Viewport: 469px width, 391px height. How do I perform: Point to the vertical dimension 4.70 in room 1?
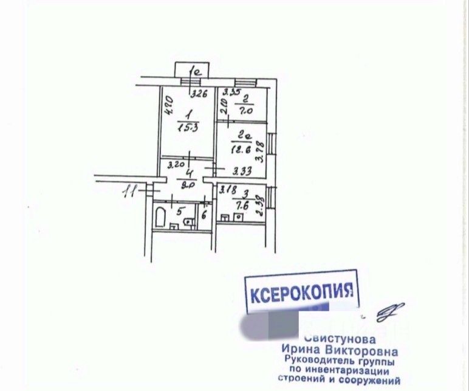coord(169,106)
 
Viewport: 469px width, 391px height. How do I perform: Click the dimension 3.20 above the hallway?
coord(176,164)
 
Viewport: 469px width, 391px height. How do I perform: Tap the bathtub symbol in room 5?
coord(162,217)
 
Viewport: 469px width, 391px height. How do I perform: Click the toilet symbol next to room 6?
coord(190,221)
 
